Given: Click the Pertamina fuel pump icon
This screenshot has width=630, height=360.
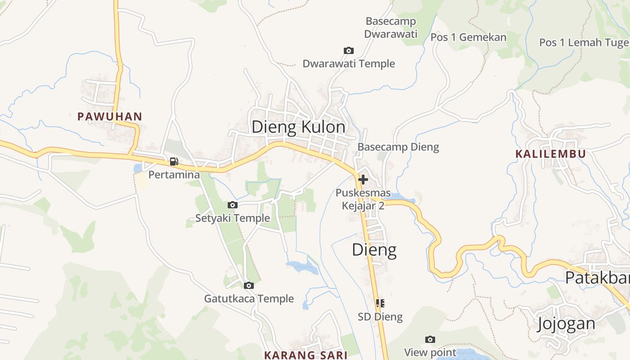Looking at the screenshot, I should (174, 162).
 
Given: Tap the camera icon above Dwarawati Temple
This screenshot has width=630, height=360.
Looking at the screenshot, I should (348, 50).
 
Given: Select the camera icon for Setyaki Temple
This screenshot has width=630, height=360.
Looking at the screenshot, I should (232, 205).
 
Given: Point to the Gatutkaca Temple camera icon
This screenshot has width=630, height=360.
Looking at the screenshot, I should (248, 285).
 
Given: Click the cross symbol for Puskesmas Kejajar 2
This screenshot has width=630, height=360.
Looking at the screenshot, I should (363, 180).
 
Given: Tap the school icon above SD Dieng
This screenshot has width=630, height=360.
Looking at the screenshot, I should (380, 303).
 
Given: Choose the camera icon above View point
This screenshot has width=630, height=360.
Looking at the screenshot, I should (430, 339).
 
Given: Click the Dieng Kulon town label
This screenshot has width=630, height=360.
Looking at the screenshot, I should (298, 127).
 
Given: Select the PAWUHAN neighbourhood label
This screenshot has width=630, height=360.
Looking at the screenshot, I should (109, 117).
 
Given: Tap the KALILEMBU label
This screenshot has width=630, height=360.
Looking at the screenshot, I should (550, 154).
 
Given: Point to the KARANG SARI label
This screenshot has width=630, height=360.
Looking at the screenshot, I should (306, 355).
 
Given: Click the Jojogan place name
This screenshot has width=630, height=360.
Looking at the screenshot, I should (566, 324).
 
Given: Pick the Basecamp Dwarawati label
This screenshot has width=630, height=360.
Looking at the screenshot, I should (391, 27).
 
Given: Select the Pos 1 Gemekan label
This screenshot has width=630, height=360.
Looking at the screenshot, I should (468, 37).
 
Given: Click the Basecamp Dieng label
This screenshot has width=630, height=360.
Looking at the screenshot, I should (398, 147).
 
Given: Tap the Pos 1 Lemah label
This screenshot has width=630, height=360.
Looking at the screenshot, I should (584, 43).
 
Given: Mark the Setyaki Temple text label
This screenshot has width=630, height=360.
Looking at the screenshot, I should (232, 218).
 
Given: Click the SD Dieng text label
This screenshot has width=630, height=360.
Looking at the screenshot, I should (380, 317).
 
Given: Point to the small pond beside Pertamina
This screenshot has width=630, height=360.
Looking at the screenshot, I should (138, 168).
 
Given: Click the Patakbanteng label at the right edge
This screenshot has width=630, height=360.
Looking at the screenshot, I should (597, 278).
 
